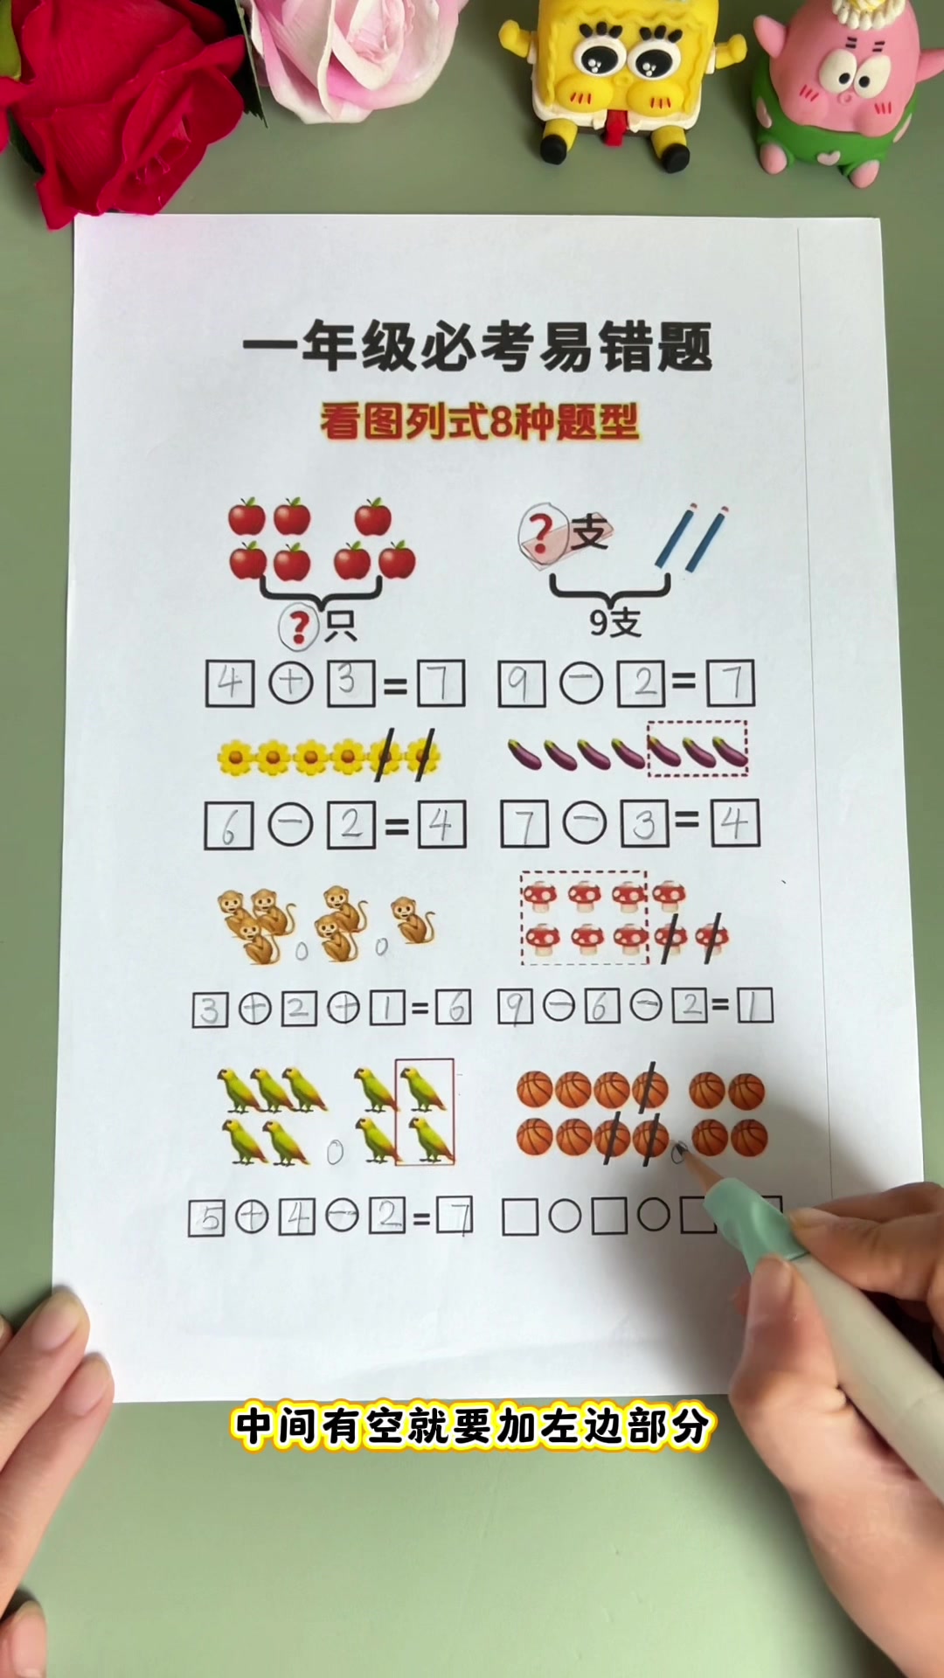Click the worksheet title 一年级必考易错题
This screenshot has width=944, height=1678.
477,347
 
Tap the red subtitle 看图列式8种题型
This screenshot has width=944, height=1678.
479,422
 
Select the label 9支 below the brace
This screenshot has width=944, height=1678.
614,622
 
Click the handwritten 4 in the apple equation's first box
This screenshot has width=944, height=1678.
230,683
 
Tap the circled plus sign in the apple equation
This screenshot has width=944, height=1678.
291,683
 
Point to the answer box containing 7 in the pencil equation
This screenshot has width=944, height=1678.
730,683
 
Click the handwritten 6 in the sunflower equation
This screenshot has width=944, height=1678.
229,826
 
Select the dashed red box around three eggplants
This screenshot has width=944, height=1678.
697,748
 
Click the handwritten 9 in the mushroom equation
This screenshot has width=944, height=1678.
515,1008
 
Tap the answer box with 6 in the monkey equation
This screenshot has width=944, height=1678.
453,1009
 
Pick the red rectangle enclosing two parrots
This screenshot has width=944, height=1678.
425,1112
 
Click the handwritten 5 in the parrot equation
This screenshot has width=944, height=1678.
207,1217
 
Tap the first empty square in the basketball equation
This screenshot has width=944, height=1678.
520,1217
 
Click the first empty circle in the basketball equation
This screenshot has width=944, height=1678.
565,1217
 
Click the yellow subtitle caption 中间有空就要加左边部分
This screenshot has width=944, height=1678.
472,1426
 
